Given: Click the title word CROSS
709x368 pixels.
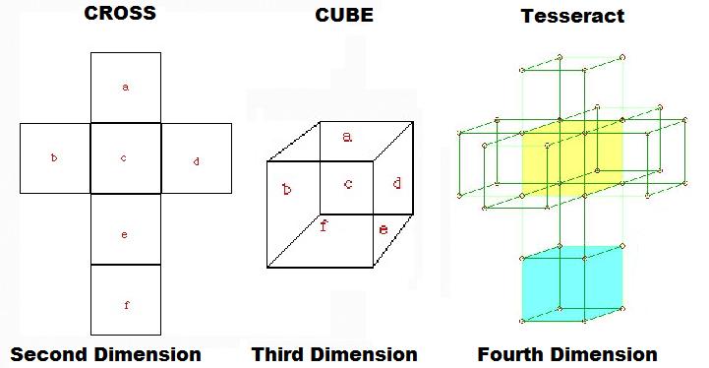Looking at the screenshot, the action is pos(120,13).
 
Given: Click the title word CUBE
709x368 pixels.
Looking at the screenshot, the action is pos(344,15).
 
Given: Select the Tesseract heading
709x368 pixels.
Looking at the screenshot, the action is pos(572,16).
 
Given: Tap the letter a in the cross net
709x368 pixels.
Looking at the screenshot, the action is pos(126,87).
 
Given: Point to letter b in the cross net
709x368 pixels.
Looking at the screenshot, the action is pos(54,157).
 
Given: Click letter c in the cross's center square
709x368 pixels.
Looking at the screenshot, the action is pos(124,158).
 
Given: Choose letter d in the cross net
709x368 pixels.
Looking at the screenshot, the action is pos(197,161).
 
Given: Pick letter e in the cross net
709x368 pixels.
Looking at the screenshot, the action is pos(124,234).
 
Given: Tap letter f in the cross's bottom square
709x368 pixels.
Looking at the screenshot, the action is pos(126,305).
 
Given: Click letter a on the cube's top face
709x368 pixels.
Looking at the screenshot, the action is pos(347,137).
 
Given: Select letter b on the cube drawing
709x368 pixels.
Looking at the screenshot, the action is pos(287,189).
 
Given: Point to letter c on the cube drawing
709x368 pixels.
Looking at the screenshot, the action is pos(348,184).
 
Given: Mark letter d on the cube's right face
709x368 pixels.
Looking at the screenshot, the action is pos(396,183).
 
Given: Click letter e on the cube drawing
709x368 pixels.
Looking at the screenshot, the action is pos(383,229).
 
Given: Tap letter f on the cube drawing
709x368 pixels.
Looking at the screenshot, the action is pos(324,225).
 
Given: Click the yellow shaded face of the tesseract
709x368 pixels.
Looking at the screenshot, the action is pos(572,158).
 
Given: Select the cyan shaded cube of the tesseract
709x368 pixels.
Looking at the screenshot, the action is pos(572,283).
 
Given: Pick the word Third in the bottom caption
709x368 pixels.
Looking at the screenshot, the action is pos(277,354).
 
